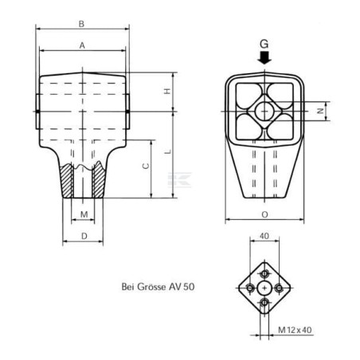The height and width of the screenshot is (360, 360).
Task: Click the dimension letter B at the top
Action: coord(81,24)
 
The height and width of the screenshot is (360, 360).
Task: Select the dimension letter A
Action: coord(82,45)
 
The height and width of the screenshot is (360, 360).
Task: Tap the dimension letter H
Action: coord(167,91)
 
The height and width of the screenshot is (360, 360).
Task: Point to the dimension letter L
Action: coord(168,152)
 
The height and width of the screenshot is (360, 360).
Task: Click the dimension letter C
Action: coord(146,166)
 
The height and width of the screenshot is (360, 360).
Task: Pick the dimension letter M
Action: coord(84,214)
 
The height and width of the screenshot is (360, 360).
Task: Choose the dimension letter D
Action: coord(84,236)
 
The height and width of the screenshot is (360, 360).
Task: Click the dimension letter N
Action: coord(321,111)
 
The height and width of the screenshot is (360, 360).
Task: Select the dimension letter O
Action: coord(264,214)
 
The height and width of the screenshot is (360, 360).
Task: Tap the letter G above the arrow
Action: coord(264,44)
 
